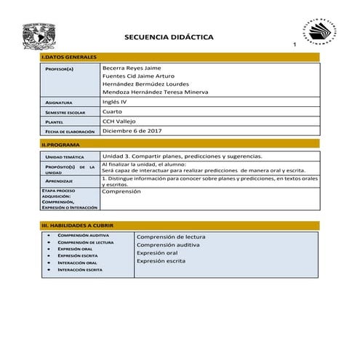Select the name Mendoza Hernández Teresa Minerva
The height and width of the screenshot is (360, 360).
click(155, 92)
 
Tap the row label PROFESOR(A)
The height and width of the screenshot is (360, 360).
click(59, 68)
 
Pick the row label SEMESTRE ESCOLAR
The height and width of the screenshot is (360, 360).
click(65, 113)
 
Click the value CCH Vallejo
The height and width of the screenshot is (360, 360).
click(119, 121)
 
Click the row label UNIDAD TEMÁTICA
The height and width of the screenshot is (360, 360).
click(65, 157)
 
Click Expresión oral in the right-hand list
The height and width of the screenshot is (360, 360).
click(157, 253)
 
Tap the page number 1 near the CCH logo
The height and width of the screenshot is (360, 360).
click(295, 46)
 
